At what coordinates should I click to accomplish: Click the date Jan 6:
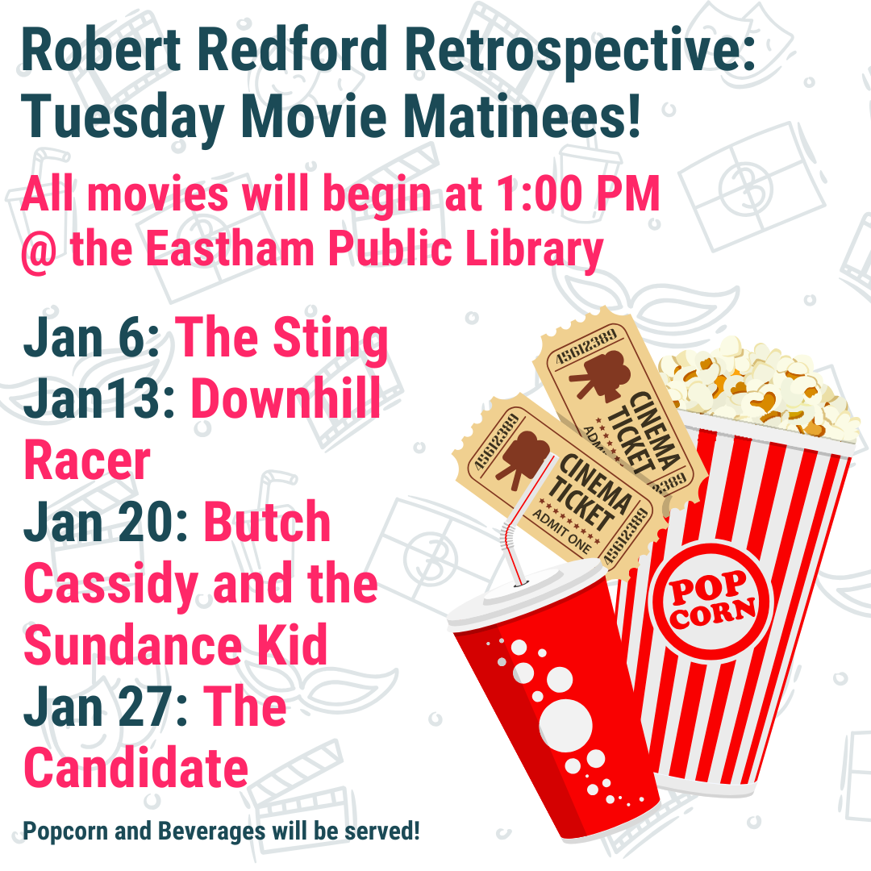pyautogui.click(x=94, y=338)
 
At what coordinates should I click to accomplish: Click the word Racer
pyautogui.click(x=87, y=461)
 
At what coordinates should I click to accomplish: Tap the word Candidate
pyautogui.click(x=136, y=769)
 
